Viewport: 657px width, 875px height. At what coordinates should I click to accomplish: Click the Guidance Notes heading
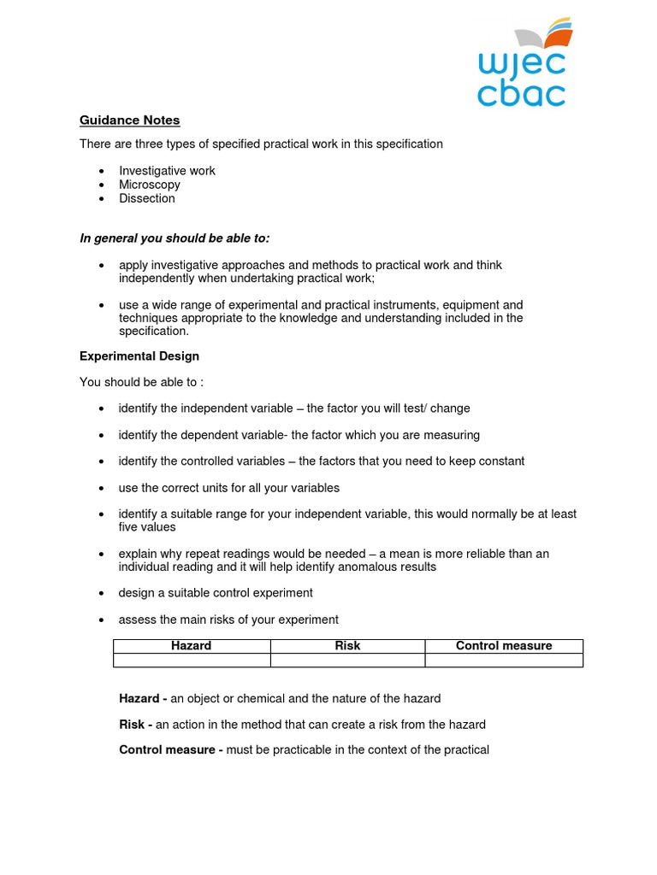(129, 120)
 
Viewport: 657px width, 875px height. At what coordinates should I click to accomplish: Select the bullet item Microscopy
(150, 185)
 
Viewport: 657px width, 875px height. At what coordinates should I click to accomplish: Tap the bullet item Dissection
(147, 198)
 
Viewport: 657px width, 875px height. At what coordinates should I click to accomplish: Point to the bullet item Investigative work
(167, 171)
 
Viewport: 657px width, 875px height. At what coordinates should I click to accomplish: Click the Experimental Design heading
(139, 355)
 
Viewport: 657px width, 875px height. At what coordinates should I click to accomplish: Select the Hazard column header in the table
(192, 646)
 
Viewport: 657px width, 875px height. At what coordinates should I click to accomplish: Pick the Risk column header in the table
(347, 646)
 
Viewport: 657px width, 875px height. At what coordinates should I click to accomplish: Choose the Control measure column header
(504, 646)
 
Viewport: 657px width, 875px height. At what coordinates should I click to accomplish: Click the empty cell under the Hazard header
(192, 660)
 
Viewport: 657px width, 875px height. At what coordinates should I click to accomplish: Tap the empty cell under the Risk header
(347, 660)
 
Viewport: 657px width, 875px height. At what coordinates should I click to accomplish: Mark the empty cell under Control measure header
(504, 660)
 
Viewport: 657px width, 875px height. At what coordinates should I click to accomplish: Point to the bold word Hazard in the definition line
(139, 699)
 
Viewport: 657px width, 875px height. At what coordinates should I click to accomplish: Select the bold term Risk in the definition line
(133, 725)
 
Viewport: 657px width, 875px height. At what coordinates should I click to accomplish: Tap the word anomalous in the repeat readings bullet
(358, 567)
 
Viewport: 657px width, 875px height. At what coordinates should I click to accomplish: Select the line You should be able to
(141, 382)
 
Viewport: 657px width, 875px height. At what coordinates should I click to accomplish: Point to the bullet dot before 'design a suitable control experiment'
(102, 593)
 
